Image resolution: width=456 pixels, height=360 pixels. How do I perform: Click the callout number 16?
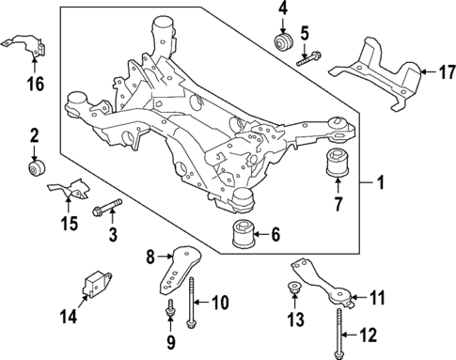(x=36, y=86)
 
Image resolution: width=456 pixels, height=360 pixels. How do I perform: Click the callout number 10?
(x=219, y=302)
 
